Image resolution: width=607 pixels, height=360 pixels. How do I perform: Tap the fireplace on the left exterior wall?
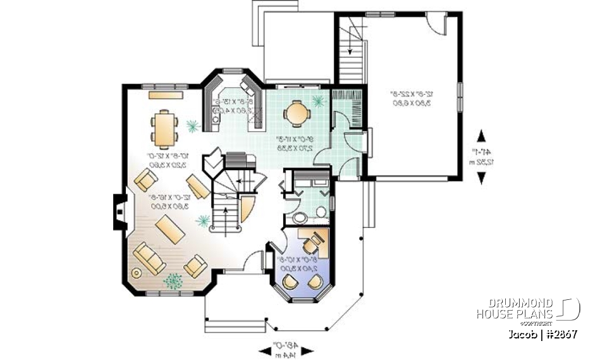(x=119, y=212)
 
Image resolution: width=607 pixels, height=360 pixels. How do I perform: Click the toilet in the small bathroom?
(x=321, y=212)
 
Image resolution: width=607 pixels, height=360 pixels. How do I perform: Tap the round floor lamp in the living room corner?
(x=135, y=272)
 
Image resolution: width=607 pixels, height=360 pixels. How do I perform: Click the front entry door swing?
(x=254, y=260)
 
